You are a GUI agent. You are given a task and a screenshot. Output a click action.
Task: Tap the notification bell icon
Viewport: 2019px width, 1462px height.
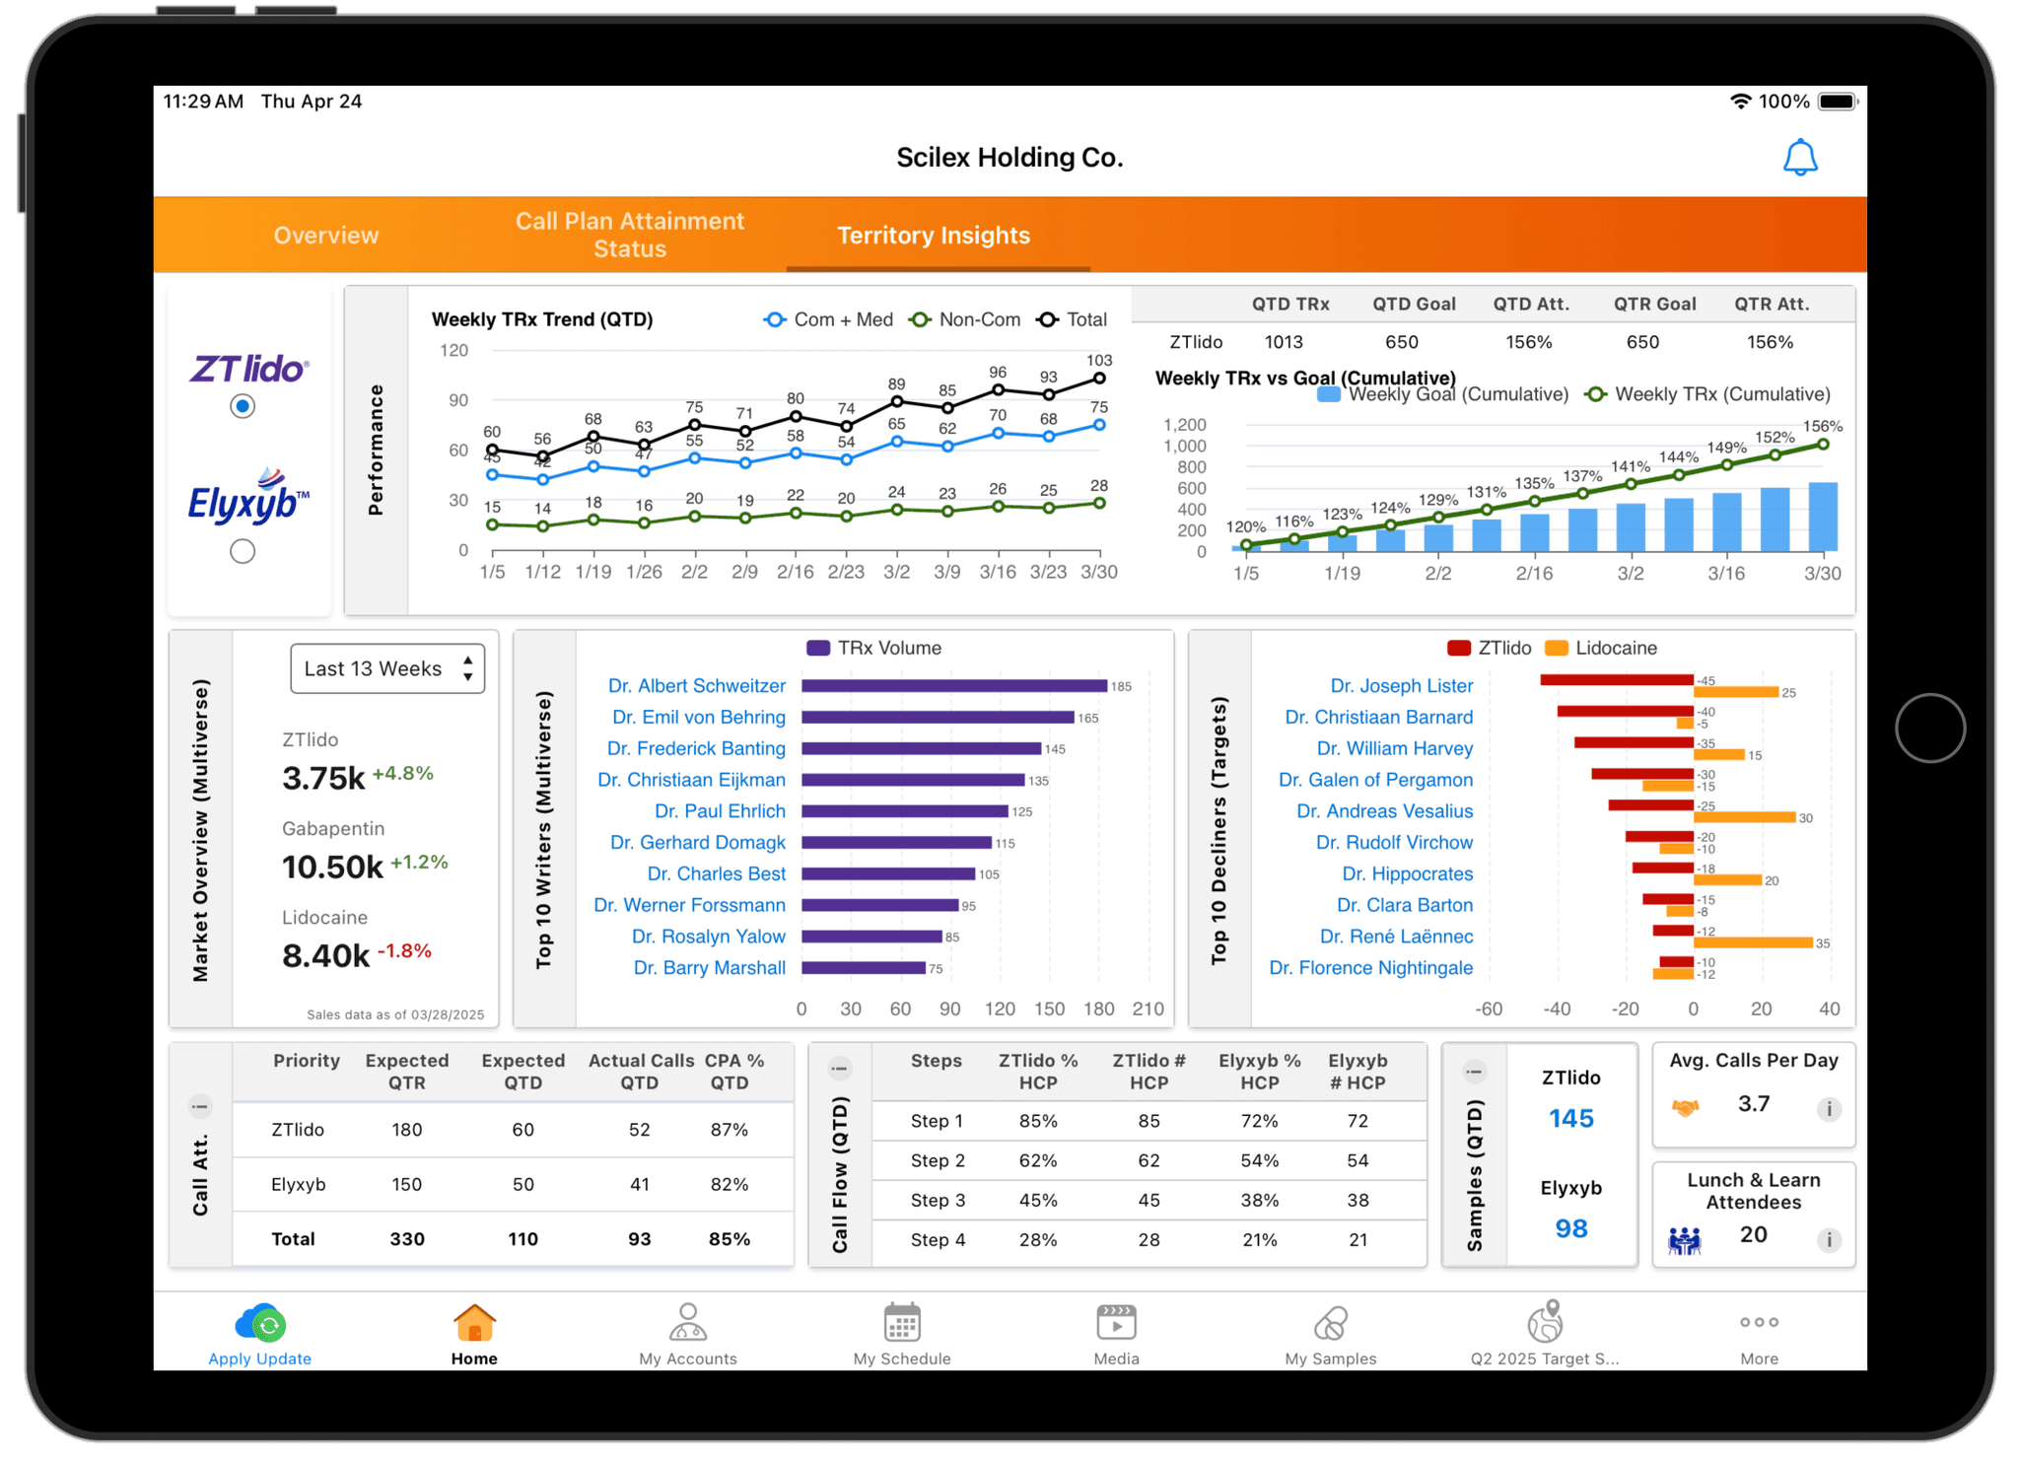(1799, 158)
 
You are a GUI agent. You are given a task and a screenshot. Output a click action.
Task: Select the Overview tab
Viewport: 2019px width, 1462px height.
(325, 236)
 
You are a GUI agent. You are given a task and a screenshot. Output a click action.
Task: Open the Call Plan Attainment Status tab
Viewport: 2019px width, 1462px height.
(629, 235)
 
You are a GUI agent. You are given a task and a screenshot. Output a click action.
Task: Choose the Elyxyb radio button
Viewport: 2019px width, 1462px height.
(243, 551)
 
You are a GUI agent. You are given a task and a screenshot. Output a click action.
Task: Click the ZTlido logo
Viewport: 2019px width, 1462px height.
(248, 369)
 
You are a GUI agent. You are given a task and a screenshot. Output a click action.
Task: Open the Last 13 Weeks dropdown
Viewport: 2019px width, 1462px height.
(387, 668)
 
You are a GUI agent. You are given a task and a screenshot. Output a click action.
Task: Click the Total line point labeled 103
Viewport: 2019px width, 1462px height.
(1099, 379)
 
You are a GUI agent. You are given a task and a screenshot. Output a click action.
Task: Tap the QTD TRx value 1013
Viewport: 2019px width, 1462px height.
(1284, 342)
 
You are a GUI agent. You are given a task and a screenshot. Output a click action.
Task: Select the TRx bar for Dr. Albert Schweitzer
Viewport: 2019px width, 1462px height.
(953, 686)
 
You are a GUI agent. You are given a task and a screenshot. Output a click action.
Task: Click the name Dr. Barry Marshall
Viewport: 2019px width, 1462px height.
(709, 968)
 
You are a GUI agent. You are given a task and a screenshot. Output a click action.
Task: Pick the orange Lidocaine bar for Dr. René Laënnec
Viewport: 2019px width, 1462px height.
(1753, 943)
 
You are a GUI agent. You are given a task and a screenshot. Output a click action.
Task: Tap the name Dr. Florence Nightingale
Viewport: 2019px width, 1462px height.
(1370, 968)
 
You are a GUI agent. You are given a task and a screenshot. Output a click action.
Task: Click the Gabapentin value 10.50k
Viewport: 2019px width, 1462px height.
(332, 868)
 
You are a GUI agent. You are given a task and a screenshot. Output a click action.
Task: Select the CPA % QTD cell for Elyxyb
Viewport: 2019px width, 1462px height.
(729, 1184)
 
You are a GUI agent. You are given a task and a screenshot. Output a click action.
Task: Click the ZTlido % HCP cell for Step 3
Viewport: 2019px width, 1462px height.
(1038, 1201)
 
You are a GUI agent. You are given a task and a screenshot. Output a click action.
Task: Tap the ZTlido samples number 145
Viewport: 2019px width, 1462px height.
(1570, 1119)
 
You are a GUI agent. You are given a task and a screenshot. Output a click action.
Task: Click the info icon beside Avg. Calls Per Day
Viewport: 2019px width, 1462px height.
(1829, 1109)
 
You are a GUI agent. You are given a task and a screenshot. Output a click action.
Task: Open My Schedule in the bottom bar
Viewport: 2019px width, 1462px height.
(902, 1334)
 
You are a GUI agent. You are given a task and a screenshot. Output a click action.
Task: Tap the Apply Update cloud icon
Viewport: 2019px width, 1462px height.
(260, 1324)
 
